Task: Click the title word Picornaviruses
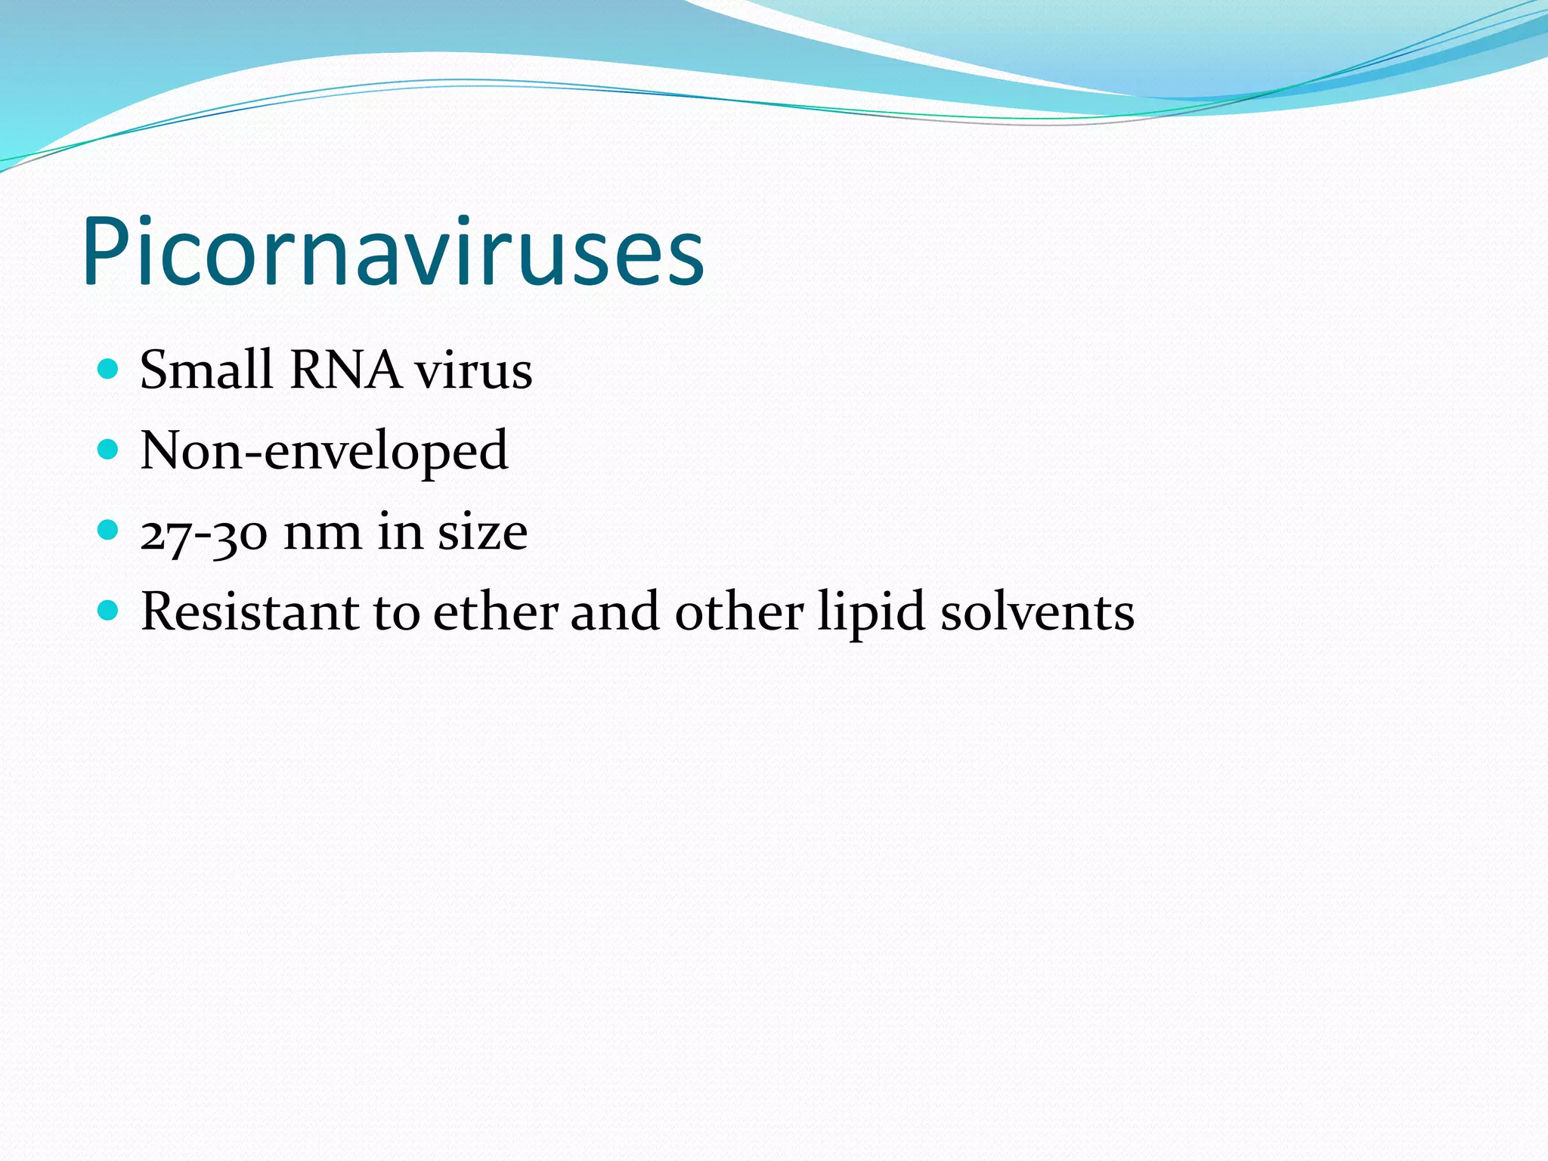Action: [x=393, y=253]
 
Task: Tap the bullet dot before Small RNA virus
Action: [x=109, y=369]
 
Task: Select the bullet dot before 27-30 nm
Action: [x=109, y=530]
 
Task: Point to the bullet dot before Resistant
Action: [x=109, y=610]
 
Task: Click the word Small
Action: [x=206, y=370]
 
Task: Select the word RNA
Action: [x=345, y=370]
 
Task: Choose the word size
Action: [x=483, y=532]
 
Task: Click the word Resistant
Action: [x=250, y=611]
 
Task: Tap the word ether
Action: [x=496, y=611]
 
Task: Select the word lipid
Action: [x=872, y=613]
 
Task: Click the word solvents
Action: [x=1037, y=611]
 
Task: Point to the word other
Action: [x=738, y=611]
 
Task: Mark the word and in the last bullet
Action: [x=615, y=611]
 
